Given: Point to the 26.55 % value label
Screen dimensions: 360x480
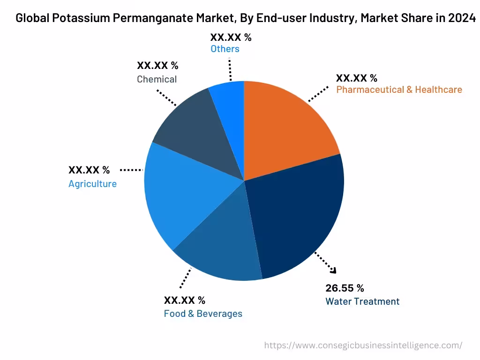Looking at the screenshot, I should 345,288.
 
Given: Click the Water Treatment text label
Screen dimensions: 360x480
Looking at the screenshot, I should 362,301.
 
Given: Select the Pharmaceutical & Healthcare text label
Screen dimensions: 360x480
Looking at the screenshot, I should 399,90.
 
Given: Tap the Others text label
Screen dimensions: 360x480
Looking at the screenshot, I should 225,49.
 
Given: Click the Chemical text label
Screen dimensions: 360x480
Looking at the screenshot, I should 157,79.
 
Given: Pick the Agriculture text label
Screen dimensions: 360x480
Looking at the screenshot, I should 92,184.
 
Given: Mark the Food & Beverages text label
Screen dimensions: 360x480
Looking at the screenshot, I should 203,314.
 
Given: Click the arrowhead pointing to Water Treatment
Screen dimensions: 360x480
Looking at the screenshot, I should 333,270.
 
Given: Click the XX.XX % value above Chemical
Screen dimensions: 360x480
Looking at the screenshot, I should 157,66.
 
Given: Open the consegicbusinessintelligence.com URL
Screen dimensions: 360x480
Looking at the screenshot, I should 363,345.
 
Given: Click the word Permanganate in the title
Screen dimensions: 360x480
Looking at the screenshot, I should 150,19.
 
